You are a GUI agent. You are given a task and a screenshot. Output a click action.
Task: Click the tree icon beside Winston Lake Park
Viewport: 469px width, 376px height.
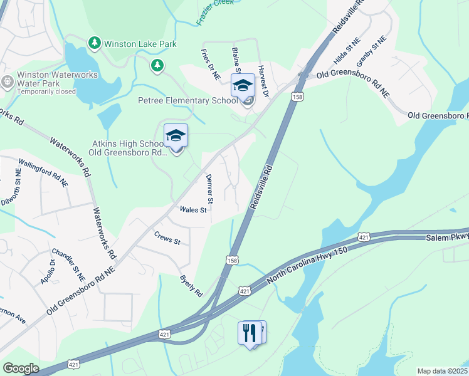pos(94,43)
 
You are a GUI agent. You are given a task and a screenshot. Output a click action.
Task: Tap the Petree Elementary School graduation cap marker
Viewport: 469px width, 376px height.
pos(243,85)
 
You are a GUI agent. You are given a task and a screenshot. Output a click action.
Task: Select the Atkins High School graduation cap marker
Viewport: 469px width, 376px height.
pos(176,136)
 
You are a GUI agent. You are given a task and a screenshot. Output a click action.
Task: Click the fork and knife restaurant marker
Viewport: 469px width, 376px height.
pos(251,332)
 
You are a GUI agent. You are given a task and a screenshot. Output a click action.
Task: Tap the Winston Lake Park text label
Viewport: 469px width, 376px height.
pos(140,44)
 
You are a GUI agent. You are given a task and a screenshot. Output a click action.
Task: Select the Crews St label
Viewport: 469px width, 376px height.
pos(167,238)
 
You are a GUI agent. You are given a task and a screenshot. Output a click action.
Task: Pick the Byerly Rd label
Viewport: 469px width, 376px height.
pos(191,285)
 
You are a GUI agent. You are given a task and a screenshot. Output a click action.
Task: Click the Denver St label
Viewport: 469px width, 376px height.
pos(210,189)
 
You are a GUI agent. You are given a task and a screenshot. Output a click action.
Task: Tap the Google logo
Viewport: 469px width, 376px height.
pos(21,368)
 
